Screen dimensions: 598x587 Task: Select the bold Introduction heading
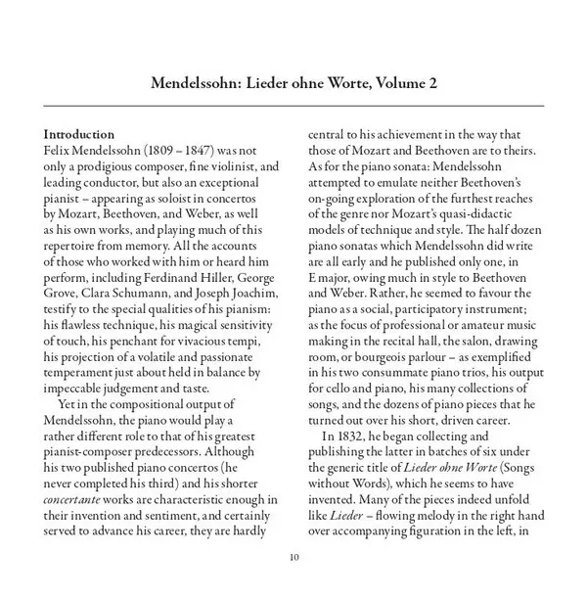pyautogui.click(x=83, y=133)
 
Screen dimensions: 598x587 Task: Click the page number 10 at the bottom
pyautogui.click(x=293, y=558)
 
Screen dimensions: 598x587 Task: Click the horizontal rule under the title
pyautogui.click(x=293, y=105)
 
